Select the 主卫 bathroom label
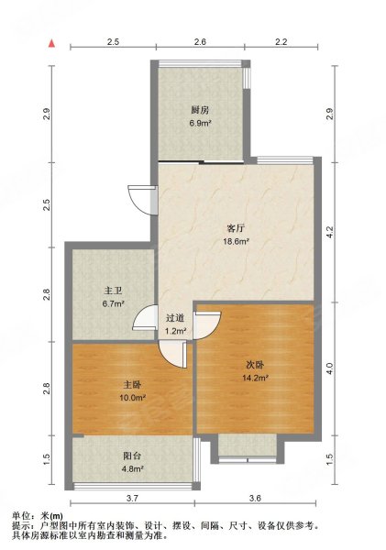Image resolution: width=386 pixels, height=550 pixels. coord(113,291)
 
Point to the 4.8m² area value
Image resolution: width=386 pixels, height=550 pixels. coord(136,474)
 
